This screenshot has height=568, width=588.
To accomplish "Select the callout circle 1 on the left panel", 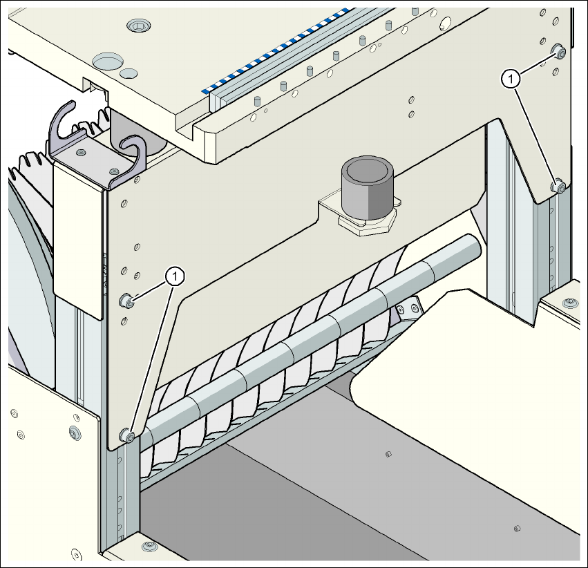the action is (176, 276).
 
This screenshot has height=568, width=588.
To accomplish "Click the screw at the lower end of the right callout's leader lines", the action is (558, 186).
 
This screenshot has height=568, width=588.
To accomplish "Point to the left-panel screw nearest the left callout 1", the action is (127, 300).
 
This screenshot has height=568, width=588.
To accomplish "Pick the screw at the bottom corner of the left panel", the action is (127, 435).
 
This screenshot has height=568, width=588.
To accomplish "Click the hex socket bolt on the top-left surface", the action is (140, 26).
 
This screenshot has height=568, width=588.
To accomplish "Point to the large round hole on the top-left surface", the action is (106, 61).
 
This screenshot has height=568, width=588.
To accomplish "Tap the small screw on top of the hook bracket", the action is (82, 151).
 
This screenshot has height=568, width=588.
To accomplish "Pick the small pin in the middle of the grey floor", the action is (388, 454).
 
